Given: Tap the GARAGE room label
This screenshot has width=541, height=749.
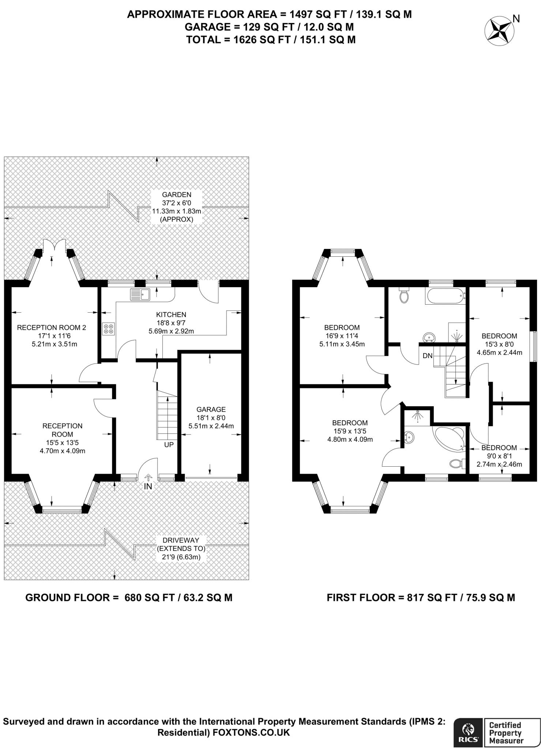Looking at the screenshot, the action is click(x=211, y=410).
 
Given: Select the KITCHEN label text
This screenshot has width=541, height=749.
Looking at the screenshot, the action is click(x=171, y=315).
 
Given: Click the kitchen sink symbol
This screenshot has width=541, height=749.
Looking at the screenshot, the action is click(x=139, y=294).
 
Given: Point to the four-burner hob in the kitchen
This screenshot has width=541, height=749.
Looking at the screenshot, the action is click(x=109, y=328).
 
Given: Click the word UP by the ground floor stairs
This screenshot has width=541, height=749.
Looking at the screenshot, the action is click(x=169, y=445).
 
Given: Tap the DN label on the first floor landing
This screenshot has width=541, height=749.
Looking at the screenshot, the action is click(x=428, y=355).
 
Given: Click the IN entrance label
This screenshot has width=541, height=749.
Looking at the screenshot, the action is click(x=148, y=487).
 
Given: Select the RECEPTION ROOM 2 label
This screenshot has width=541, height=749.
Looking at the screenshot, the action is click(x=52, y=328).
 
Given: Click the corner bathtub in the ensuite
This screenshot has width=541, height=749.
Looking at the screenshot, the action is click(x=449, y=438).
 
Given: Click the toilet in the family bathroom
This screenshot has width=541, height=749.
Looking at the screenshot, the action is click(x=404, y=296).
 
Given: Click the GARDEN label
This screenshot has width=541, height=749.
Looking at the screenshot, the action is click(x=177, y=195).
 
